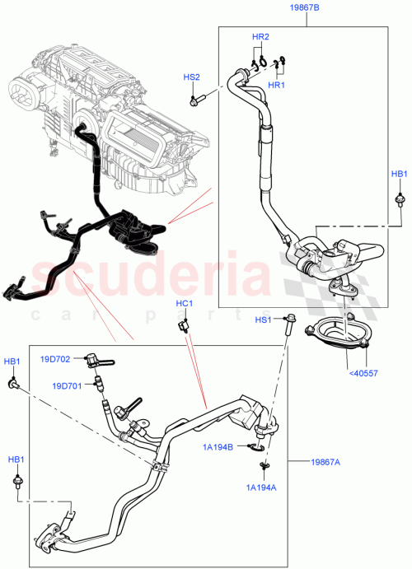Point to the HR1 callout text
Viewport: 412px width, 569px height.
tap(275, 85)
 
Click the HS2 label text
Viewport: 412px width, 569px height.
tap(191, 77)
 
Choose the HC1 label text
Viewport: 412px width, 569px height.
tap(185, 304)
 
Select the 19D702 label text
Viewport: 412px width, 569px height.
tap(56, 359)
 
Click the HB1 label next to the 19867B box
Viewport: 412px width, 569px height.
tap(399, 175)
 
